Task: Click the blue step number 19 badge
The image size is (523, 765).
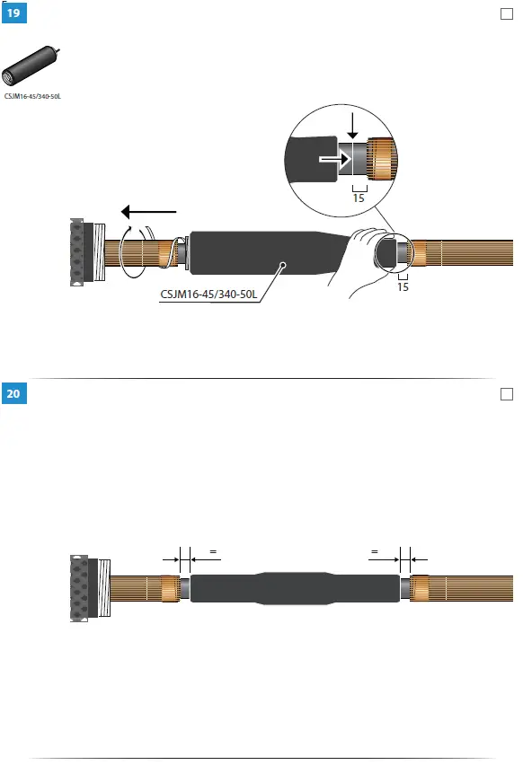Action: pos(15,14)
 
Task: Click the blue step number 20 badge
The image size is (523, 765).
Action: pos(15,393)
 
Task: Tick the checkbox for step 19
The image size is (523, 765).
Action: pos(505,14)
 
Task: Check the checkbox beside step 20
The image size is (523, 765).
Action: pos(505,393)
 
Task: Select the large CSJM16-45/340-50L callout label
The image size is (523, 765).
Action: pos(206,293)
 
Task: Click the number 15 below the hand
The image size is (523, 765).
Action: pos(403,288)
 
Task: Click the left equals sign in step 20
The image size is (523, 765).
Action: pos(213,552)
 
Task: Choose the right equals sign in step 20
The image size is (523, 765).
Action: pos(374,552)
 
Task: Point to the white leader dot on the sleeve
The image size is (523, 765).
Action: pos(282,264)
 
